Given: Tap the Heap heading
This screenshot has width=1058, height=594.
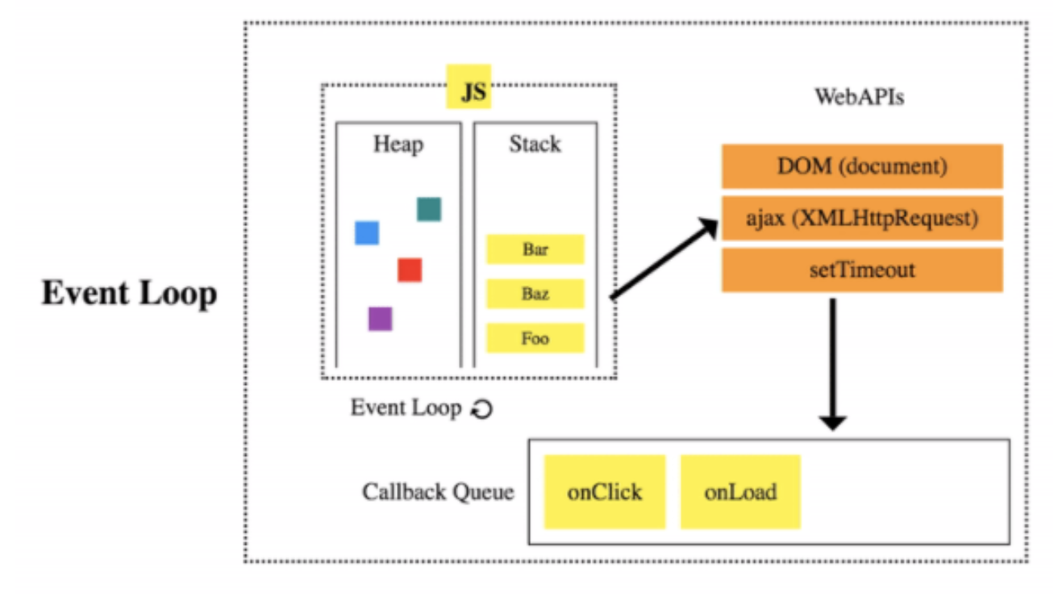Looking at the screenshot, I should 398,144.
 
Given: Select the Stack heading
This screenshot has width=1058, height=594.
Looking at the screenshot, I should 535,144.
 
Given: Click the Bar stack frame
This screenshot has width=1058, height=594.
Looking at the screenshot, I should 535,249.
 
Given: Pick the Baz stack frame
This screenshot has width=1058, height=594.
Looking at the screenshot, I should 535,294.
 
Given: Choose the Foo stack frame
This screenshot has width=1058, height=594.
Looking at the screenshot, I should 535,338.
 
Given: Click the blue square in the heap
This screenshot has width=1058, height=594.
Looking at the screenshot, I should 367,232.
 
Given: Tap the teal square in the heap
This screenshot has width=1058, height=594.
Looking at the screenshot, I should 429,209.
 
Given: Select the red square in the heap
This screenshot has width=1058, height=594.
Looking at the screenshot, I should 410,270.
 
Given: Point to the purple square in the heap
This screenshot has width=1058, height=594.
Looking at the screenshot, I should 380,319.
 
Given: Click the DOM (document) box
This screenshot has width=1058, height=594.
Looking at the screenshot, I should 861,166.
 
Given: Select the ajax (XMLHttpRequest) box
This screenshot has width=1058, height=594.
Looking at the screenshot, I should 861,218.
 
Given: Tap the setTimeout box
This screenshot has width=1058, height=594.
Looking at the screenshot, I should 861,270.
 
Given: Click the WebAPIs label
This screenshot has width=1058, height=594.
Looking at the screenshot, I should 859,98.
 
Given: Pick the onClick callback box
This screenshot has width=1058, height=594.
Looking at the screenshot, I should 604,492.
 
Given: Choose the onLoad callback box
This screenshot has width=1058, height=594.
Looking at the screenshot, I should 740,492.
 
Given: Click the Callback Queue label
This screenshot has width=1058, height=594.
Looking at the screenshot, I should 438,492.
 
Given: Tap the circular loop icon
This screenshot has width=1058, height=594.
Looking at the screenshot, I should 481,409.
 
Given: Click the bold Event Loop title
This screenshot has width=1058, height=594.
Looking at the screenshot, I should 129,293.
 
